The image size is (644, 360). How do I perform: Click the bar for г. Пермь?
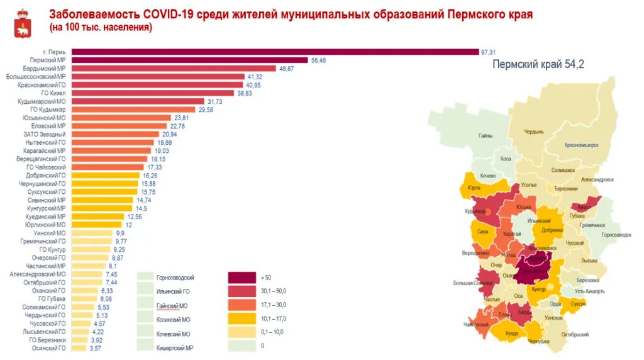pyautogui.click(x=275, y=52)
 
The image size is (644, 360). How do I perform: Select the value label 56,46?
pyautogui.click(x=318, y=60)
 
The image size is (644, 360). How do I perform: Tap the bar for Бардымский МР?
pyautogui.click(x=174, y=68)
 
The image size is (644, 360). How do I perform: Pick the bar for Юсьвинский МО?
pyautogui.click(x=121, y=118)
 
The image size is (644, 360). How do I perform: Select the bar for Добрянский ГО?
pyautogui.click(x=106, y=176)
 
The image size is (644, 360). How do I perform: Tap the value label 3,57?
pyautogui.click(x=96, y=347)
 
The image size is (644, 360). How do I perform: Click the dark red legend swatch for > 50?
pyautogui.click(x=241, y=277)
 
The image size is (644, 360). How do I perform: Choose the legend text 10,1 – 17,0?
pyautogui.click(x=272, y=318)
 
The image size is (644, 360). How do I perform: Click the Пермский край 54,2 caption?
pyautogui.click(x=538, y=64)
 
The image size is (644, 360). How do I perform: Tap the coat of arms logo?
pyautogui.click(x=22, y=24)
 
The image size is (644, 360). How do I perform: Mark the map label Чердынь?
pyautogui.click(x=534, y=132)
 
